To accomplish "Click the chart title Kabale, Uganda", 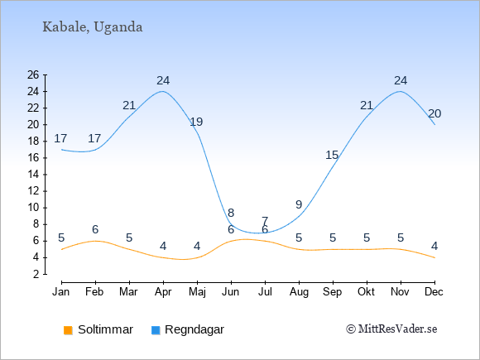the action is point(93,27).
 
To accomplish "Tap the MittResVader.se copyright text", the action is point(391,329).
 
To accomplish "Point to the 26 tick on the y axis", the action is point(33,74).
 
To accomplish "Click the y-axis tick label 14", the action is point(33,175).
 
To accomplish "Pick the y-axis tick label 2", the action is point(36,274).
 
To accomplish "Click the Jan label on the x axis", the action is point(61,292).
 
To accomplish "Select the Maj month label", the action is point(197,292).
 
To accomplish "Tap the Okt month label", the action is point(366,292).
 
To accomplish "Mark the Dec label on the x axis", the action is point(434,292).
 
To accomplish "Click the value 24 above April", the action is point(163,81).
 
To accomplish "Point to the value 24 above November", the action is point(401,81).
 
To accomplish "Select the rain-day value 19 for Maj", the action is point(196,122).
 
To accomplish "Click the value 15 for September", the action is point(332,156).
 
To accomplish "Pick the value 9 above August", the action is point(299,204).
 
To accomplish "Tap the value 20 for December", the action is point(434,114).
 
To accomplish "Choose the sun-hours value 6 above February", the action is point(95,229).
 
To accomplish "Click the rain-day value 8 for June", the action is point(231,213).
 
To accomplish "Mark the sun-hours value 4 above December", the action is point(434,246).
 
